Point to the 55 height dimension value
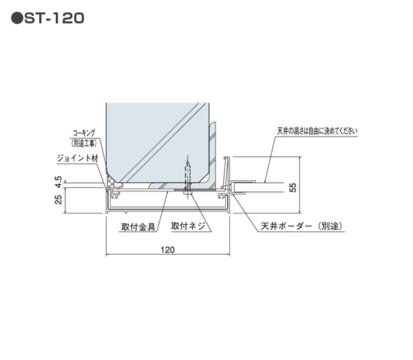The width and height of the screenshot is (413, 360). coord(292,187)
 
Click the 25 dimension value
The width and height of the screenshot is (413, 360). coord(58,200)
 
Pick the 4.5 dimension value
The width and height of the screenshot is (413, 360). coord(58,182)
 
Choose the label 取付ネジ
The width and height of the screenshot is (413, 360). coord(187,226)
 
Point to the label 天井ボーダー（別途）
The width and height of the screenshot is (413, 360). coord(301,226)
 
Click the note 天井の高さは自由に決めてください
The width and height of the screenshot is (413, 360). coord(317,130)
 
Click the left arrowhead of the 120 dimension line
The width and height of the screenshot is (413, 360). coord(107,257)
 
